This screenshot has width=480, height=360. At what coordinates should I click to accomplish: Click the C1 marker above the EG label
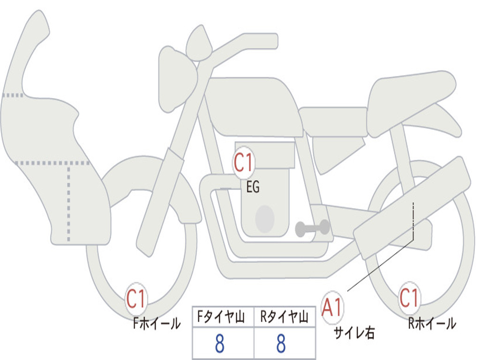coord(243,162)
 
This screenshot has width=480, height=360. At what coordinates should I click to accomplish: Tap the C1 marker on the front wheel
coord(136,299)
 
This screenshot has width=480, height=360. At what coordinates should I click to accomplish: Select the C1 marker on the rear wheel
coord(409,298)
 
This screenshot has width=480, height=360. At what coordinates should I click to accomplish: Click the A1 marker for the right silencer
coord(332,307)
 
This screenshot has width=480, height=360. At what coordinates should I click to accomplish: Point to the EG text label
coord(253,187)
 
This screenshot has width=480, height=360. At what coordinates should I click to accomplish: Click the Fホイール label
coord(157,323)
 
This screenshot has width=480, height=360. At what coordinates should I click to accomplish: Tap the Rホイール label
coord(432,323)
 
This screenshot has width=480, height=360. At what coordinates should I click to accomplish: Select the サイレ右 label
coord(354,332)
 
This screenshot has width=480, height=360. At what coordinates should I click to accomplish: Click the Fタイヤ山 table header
coord(221,316)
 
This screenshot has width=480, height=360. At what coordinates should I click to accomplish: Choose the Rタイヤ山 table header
coord(284,316)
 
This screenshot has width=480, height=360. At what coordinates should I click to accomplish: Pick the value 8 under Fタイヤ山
coord(219,343)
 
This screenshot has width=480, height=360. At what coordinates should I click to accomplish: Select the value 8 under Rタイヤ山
coord(281,343)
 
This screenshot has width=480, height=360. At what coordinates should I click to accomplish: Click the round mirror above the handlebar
coord(199,43)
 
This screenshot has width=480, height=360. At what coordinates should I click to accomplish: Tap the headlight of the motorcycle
coord(178,79)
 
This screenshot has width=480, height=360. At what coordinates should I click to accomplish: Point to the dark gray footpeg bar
coord(312,228)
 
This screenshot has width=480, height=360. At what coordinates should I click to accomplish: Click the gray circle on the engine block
coord(265,218)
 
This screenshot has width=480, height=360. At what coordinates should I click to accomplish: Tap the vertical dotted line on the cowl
coord(68,203)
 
